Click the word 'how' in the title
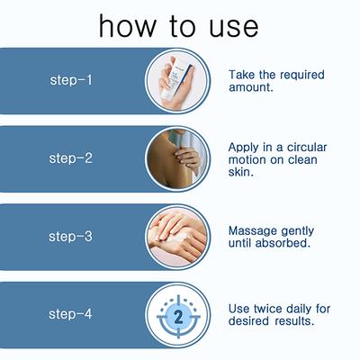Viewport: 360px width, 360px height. pos(128,26)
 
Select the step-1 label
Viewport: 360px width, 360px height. pos(71,80)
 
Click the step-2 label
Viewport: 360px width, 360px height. pos(71,158)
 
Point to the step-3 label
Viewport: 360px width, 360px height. pos(70,236)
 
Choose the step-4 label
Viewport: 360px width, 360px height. pos(70,314)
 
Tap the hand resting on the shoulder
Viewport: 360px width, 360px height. pos(186,158)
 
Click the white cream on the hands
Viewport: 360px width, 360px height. pos(178,238)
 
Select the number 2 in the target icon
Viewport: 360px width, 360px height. pos(178,317)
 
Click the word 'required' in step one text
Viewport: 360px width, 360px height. pos(301,75)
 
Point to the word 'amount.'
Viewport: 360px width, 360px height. pos(251,87)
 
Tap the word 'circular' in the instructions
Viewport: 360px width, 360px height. pos(307,148)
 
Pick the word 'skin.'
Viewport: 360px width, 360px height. pos(241,172)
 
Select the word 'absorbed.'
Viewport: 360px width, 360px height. pos(283,243)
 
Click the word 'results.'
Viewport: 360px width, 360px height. pos(294,321)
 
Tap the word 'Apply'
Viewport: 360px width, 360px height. pos(243,148)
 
